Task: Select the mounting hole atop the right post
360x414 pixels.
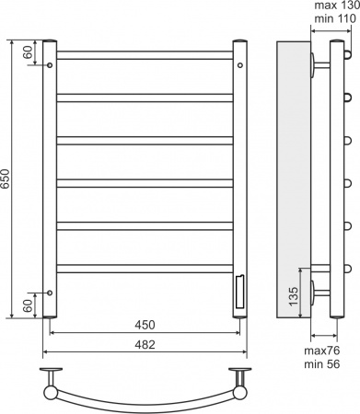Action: point(239,90)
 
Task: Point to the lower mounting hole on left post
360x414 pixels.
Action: point(50,293)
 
